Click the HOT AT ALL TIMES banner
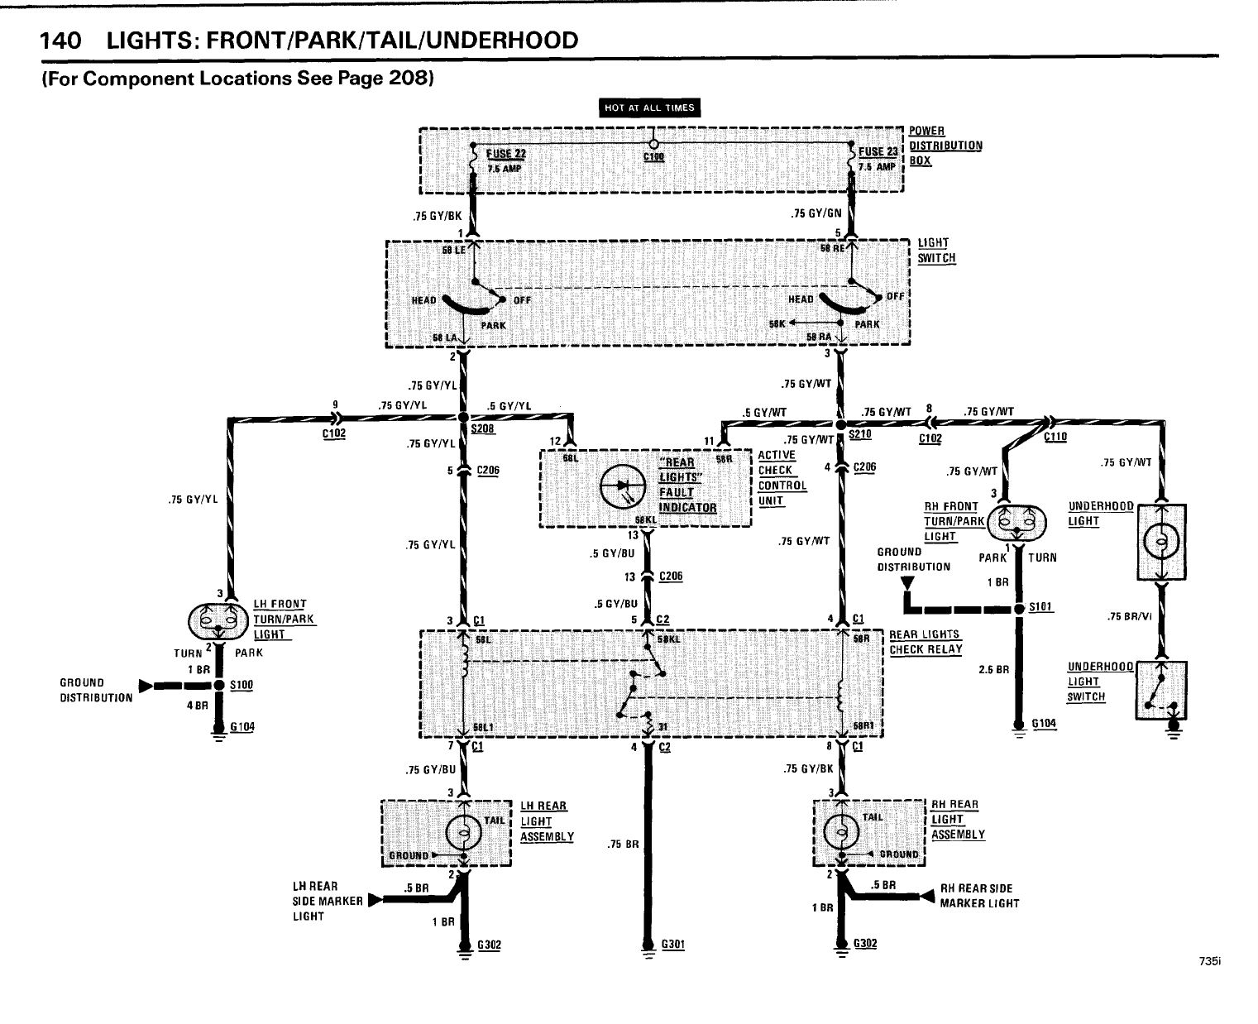(649, 108)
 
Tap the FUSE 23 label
(878, 152)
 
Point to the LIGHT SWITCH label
(936, 250)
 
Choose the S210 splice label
(859, 433)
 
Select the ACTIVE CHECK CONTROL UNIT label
(782, 478)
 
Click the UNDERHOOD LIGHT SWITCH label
(1100, 681)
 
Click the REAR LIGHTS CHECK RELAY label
(926, 642)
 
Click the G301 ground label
(672, 944)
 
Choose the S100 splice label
(242, 686)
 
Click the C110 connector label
(1055, 438)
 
